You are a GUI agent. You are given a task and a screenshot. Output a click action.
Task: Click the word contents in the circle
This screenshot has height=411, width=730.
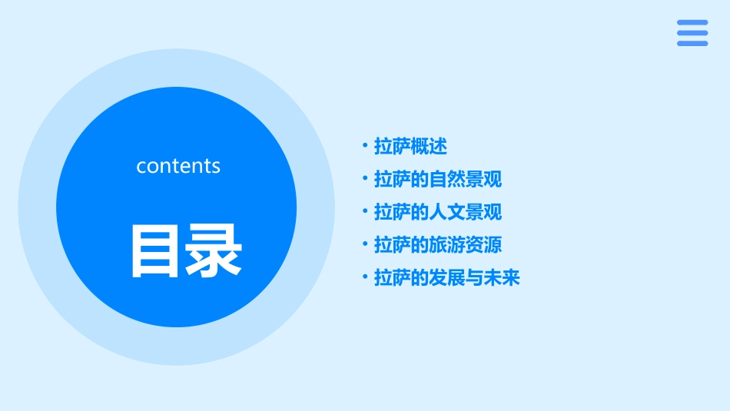178,166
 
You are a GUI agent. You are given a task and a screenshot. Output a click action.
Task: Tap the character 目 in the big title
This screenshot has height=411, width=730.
155,250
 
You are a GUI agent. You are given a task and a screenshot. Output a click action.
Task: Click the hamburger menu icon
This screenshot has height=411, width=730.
692,33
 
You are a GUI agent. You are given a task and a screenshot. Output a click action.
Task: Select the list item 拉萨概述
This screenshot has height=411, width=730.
410,146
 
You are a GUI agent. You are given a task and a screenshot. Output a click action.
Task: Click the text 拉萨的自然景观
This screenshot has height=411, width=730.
438,179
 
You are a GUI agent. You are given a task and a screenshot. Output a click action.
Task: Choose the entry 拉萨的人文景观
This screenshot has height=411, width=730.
438,212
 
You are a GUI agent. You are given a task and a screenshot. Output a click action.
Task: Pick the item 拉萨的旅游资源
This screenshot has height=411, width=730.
438,245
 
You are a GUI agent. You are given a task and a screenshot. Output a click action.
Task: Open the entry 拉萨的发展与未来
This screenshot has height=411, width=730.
447,278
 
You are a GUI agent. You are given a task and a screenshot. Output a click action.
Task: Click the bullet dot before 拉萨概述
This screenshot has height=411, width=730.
365,145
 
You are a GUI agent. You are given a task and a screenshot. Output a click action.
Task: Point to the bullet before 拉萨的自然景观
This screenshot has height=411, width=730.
365,178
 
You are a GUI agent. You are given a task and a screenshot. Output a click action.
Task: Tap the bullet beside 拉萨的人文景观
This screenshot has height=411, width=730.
365,211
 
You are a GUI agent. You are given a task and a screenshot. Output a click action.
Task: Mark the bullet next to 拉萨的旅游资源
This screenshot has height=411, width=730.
365,244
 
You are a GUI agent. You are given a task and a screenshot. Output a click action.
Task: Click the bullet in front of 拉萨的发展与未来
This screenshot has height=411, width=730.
365,277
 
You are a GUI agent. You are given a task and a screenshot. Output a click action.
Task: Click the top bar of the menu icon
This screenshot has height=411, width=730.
692,22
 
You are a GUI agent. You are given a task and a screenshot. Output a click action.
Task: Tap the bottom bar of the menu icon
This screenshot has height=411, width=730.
692,43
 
